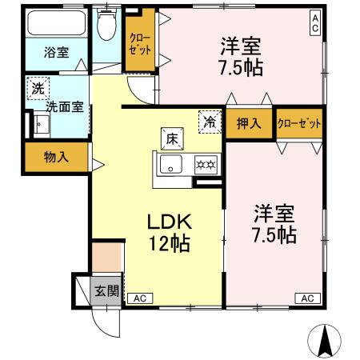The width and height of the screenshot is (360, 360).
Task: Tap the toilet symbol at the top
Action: pos(105,26)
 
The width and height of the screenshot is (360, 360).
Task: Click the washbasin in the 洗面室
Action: pos(41,125)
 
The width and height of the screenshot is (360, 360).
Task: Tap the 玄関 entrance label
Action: pos(106,290)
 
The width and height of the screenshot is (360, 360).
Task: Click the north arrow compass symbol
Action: pos(326,339)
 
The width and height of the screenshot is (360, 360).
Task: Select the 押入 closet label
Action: pos(249,123)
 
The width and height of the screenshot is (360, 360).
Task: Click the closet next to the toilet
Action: pos(140,45)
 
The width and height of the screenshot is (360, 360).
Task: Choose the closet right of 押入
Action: pos(298,123)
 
